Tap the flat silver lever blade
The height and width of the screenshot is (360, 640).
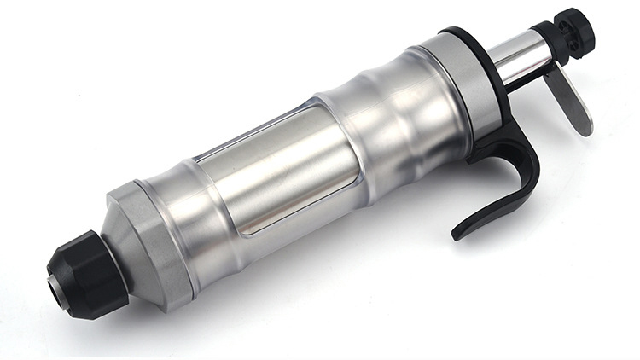(x=571, y=97)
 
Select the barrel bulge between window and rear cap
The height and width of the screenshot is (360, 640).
(x=393, y=119)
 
